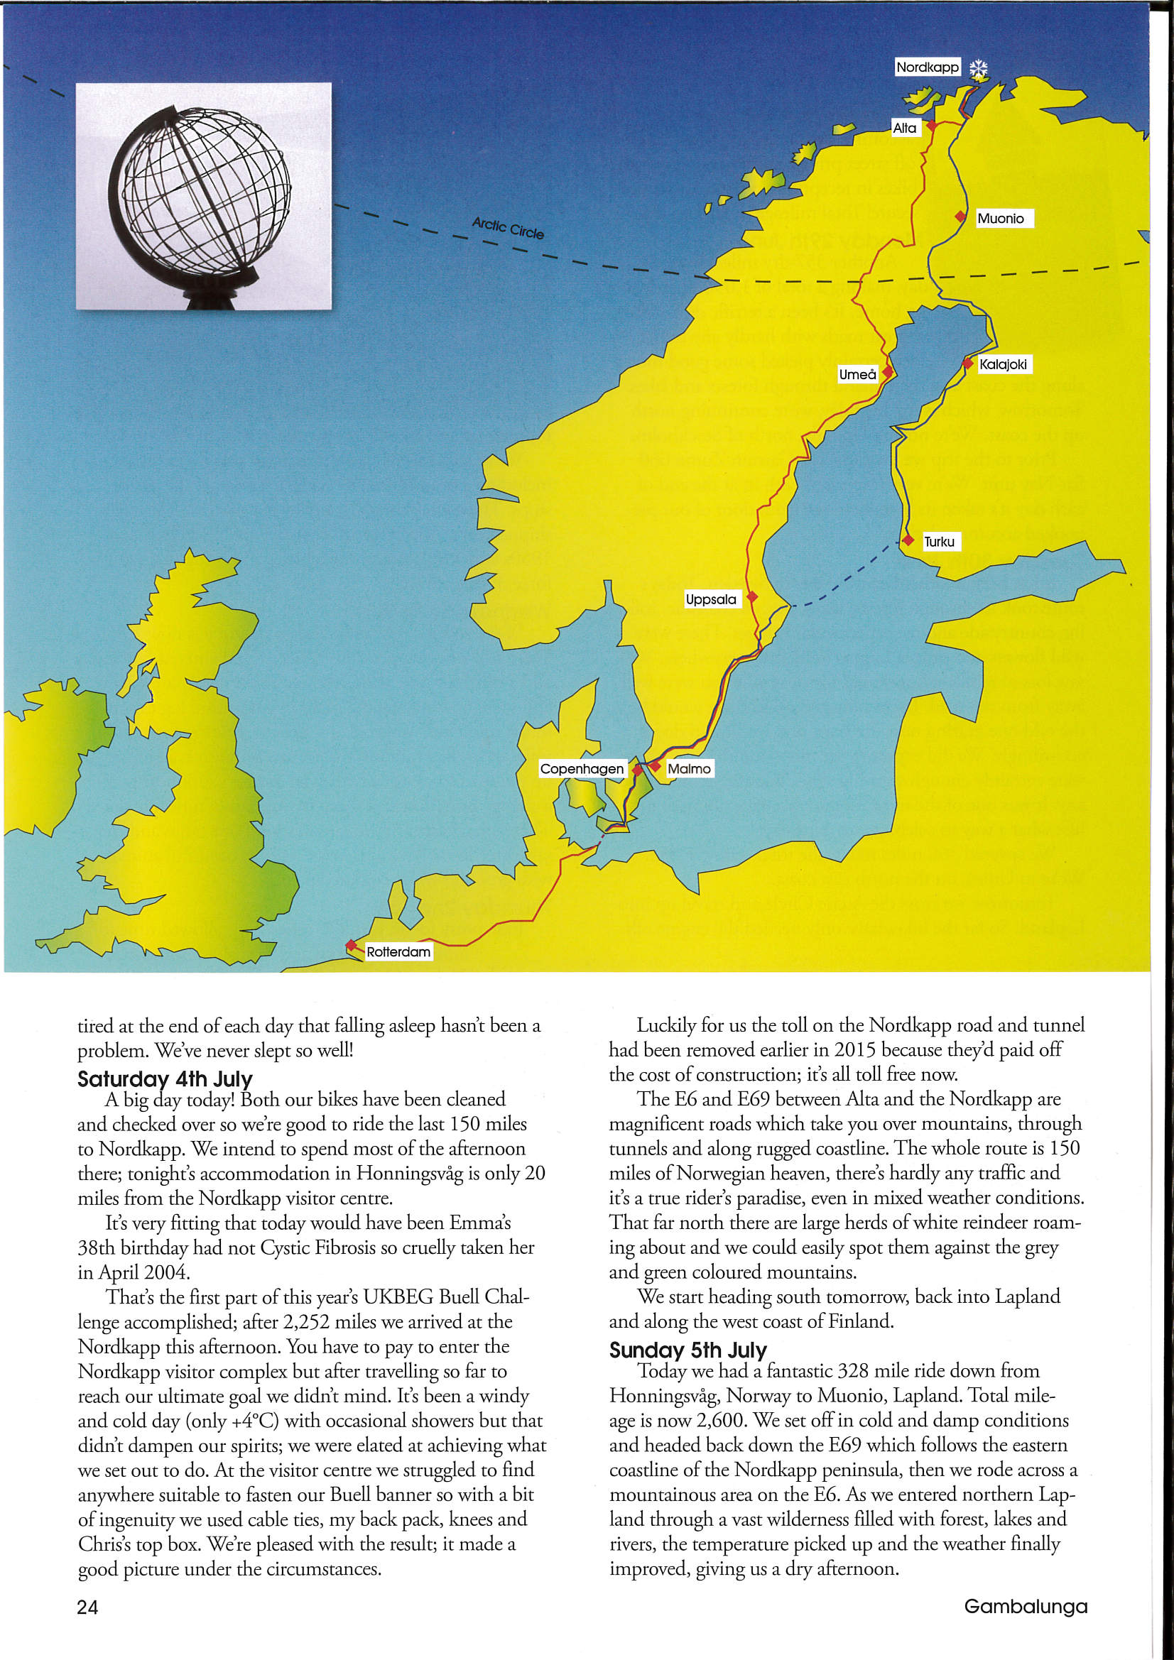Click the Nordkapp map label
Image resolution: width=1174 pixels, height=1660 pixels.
tap(928, 67)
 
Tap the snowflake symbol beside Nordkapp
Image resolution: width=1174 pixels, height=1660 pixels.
tap(978, 69)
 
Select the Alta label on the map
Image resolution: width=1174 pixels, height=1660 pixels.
tap(904, 128)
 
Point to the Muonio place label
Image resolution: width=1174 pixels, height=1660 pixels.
tap(1001, 219)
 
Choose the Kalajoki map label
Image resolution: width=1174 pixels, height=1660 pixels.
tap(1003, 364)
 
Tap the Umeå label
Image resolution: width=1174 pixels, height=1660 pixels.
tap(857, 374)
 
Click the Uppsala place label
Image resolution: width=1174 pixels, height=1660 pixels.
tap(711, 599)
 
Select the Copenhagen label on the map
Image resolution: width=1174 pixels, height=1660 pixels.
tap(582, 768)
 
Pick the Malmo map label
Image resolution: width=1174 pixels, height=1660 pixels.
tap(689, 768)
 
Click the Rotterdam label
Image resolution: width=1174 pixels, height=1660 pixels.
tap(398, 952)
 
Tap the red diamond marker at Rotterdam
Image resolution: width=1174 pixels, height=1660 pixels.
tap(351, 945)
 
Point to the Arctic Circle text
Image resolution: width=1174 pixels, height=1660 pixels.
tap(508, 228)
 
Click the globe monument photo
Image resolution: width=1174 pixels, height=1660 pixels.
tap(204, 196)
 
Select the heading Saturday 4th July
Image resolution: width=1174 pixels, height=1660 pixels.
tap(165, 1079)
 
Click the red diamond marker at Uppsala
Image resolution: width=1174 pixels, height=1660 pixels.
tap(751, 597)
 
